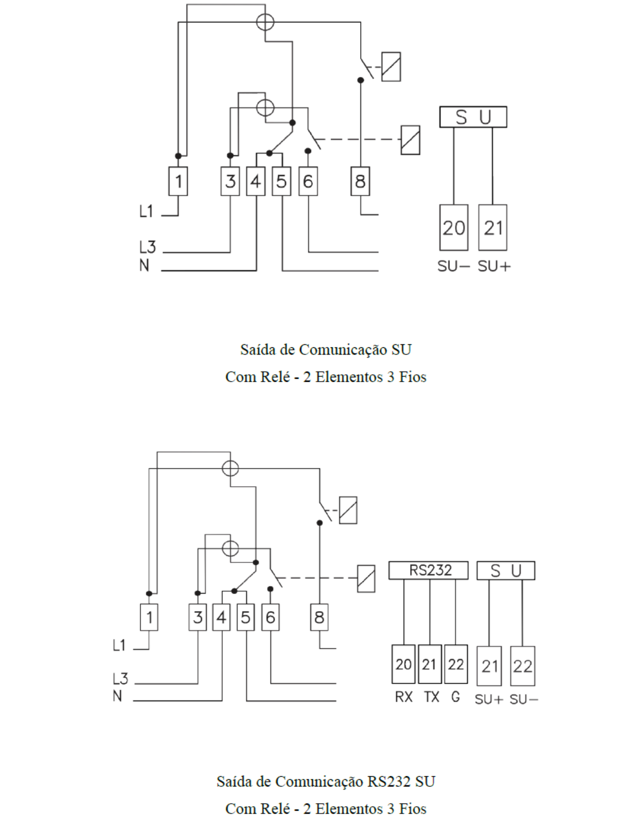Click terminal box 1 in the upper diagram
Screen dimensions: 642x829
coord(178,181)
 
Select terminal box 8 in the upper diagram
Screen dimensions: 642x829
coord(360,181)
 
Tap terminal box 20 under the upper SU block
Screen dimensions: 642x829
coord(453,227)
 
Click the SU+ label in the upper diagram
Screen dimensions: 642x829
coord(494,266)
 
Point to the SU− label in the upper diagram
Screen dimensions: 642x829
coord(453,266)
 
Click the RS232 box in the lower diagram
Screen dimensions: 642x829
coord(428,570)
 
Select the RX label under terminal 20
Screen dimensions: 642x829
coord(404,697)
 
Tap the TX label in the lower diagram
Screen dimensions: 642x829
coord(431,697)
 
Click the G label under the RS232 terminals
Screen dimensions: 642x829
coord(455,697)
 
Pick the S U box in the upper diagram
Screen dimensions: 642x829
coord(473,117)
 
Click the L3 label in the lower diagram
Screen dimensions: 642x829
coord(120,679)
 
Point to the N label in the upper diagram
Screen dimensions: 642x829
coord(144,266)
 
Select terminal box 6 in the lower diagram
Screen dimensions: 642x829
coord(270,617)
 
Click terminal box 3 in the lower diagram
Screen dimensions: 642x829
coord(198,617)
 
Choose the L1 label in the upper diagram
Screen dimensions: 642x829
coord(146,211)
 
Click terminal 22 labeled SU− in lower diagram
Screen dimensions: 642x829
coord(523,666)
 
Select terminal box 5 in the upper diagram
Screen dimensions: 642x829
coord(282,181)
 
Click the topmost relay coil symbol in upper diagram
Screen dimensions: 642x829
coord(391,67)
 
